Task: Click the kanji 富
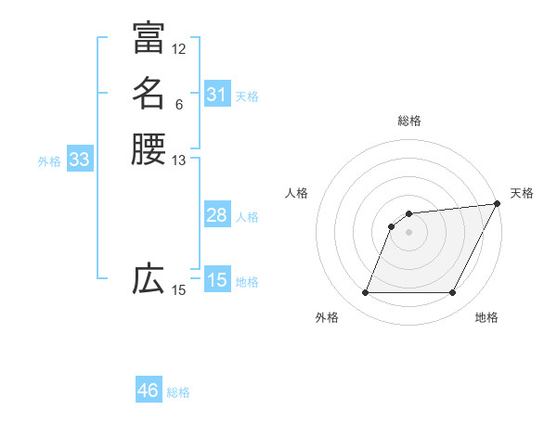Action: click(x=149, y=38)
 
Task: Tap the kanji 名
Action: click(x=149, y=94)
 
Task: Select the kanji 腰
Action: click(x=149, y=149)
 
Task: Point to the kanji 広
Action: click(x=149, y=279)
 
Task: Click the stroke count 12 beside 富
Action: click(x=179, y=49)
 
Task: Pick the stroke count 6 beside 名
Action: click(x=179, y=105)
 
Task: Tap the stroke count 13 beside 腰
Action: click(x=179, y=160)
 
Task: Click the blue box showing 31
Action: click(x=217, y=95)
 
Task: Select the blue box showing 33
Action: click(x=80, y=160)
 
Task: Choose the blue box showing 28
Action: click(x=217, y=215)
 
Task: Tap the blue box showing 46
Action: click(x=149, y=391)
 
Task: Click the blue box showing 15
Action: click(x=217, y=280)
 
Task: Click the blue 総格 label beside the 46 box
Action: click(x=178, y=392)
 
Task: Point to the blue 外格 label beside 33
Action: click(x=49, y=161)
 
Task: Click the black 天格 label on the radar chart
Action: click(x=522, y=193)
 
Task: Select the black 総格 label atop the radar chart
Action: click(x=409, y=121)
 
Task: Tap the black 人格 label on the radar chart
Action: click(x=297, y=193)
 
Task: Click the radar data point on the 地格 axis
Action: click(x=452, y=293)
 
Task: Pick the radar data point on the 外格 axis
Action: click(x=366, y=293)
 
